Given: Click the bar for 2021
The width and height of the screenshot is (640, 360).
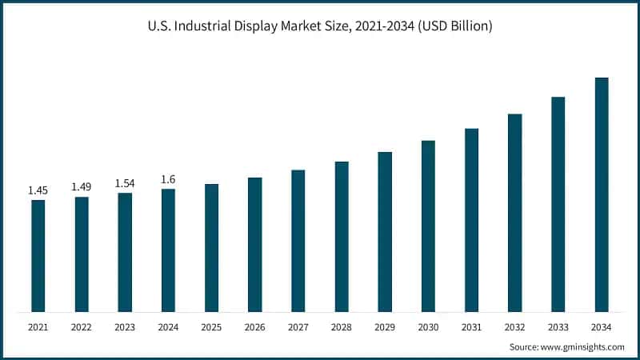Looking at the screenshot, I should (38, 255).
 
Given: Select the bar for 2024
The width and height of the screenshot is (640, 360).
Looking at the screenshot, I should (168, 250).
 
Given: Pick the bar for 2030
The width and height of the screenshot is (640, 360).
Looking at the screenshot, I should (428, 226).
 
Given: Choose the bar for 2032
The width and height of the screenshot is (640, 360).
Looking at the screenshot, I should (514, 213).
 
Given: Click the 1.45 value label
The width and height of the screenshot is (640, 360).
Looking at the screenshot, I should (38, 190).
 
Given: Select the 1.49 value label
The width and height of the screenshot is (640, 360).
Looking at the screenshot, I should (82, 186).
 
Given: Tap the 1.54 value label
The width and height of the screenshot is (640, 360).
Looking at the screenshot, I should (125, 183).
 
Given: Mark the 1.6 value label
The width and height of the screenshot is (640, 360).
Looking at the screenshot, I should (168, 179).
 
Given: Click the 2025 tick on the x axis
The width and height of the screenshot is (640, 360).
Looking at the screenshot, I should (211, 326).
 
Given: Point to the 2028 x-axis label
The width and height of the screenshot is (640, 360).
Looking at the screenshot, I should (342, 326).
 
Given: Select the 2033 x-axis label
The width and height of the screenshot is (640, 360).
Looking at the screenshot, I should (558, 326).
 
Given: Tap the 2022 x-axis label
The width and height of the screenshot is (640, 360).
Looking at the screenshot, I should (82, 326).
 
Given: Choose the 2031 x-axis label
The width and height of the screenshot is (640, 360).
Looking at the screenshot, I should (471, 326).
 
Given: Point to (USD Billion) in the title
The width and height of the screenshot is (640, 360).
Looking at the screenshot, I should (453, 26).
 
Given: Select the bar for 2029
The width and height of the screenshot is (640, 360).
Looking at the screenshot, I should (385, 231).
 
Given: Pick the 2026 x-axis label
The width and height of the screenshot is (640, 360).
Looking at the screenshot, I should (254, 326).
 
